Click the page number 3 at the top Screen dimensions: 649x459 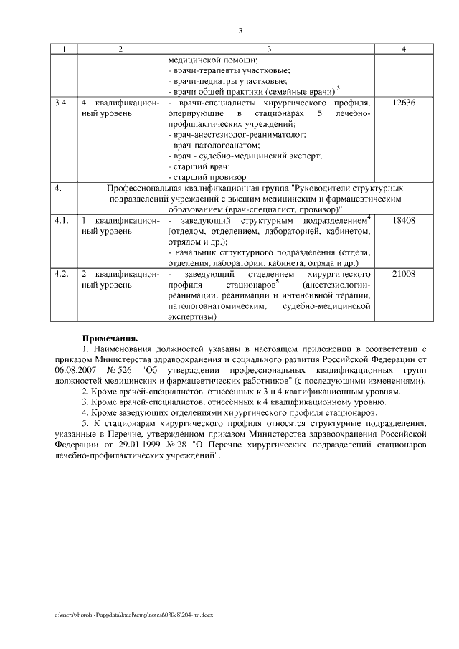240,30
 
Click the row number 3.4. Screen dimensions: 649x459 62,102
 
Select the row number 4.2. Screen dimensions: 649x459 62,275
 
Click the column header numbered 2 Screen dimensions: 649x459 120,49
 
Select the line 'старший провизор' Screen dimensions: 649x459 209,176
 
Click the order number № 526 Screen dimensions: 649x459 120,369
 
